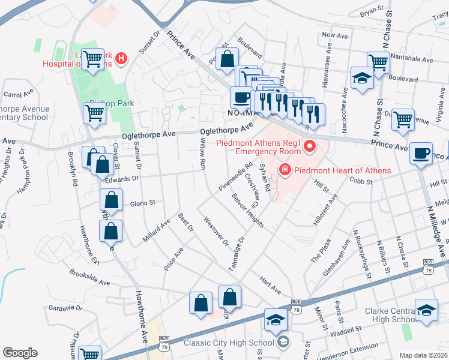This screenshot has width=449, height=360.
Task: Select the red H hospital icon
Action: pos(122,58)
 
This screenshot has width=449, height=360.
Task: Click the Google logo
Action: pos(20,353)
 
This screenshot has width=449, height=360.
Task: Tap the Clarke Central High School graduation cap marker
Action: pos(426,311)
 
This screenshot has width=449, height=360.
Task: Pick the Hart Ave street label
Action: pos(270,285)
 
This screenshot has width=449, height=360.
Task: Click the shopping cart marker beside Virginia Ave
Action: pos(403,119)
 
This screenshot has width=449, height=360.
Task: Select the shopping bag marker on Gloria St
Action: pos(112,199)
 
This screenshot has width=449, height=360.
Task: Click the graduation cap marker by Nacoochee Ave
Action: pos(362,79)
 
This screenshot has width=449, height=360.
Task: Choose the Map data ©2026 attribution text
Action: pos(423,355)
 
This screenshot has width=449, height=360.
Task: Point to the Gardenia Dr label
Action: pos(64,308)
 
